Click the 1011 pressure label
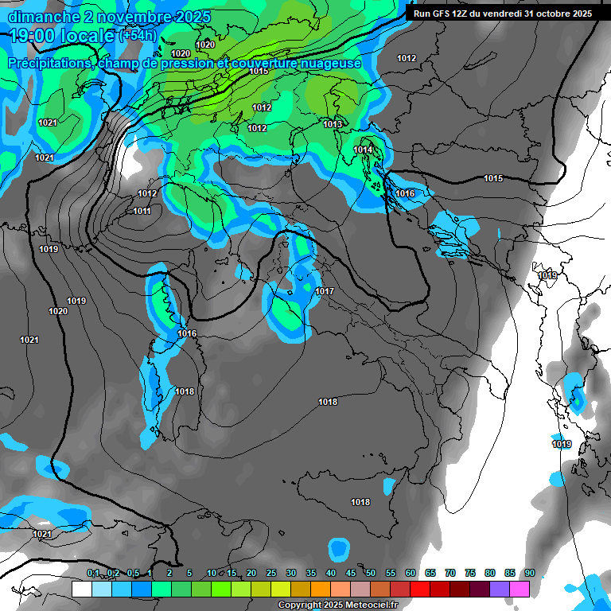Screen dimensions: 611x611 pos(142,211)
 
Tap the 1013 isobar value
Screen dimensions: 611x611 pos(333,124)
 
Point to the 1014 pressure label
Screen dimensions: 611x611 pos(364,150)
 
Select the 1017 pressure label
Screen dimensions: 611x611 pos(325,292)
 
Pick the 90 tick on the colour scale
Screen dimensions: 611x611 pos(529,573)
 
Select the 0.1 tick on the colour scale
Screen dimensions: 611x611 pos(93,573)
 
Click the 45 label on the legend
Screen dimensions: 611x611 pos(351,573)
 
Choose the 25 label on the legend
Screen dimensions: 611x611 pos(271,573)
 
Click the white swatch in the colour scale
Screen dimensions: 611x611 pos(81,589)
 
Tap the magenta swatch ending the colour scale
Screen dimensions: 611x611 pos(520,589)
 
